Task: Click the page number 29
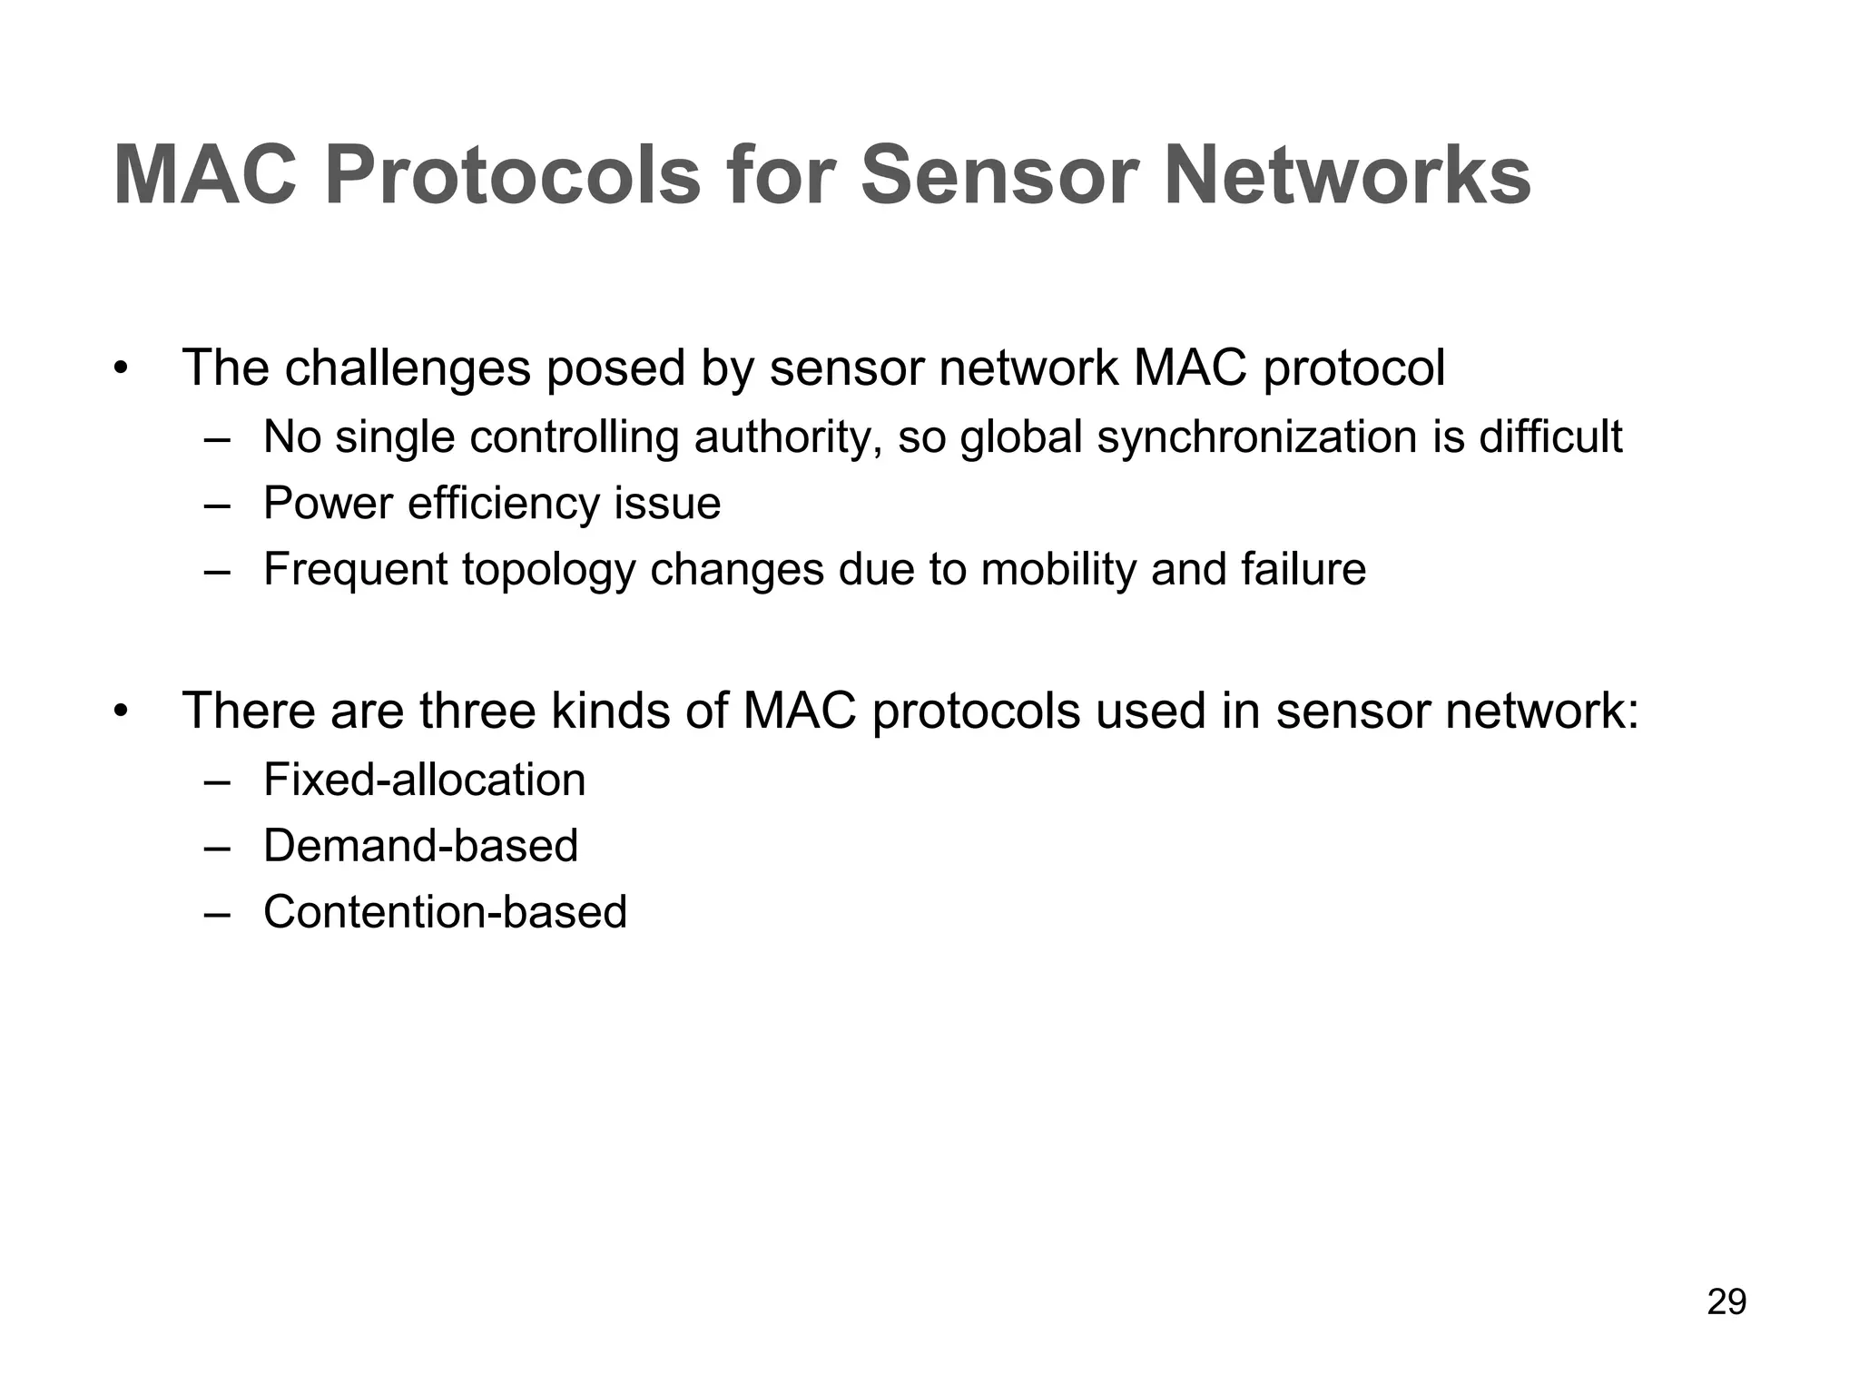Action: click(x=1726, y=1301)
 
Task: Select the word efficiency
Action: click(x=504, y=504)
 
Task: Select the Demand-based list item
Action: click(x=420, y=846)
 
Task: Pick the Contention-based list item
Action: click(x=445, y=912)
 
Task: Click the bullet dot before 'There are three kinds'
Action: click(x=121, y=712)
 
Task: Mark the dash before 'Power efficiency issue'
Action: click(x=217, y=505)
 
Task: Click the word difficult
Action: click(x=1550, y=437)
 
